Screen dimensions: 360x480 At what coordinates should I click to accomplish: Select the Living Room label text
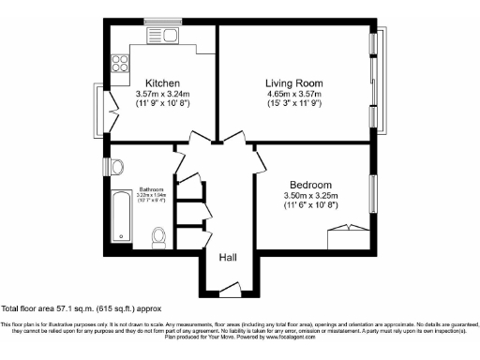point(294,82)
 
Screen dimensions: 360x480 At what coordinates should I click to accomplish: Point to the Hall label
point(228,257)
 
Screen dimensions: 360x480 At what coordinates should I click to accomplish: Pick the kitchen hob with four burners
point(120,65)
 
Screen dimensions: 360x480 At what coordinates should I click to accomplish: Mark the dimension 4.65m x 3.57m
point(294,95)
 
